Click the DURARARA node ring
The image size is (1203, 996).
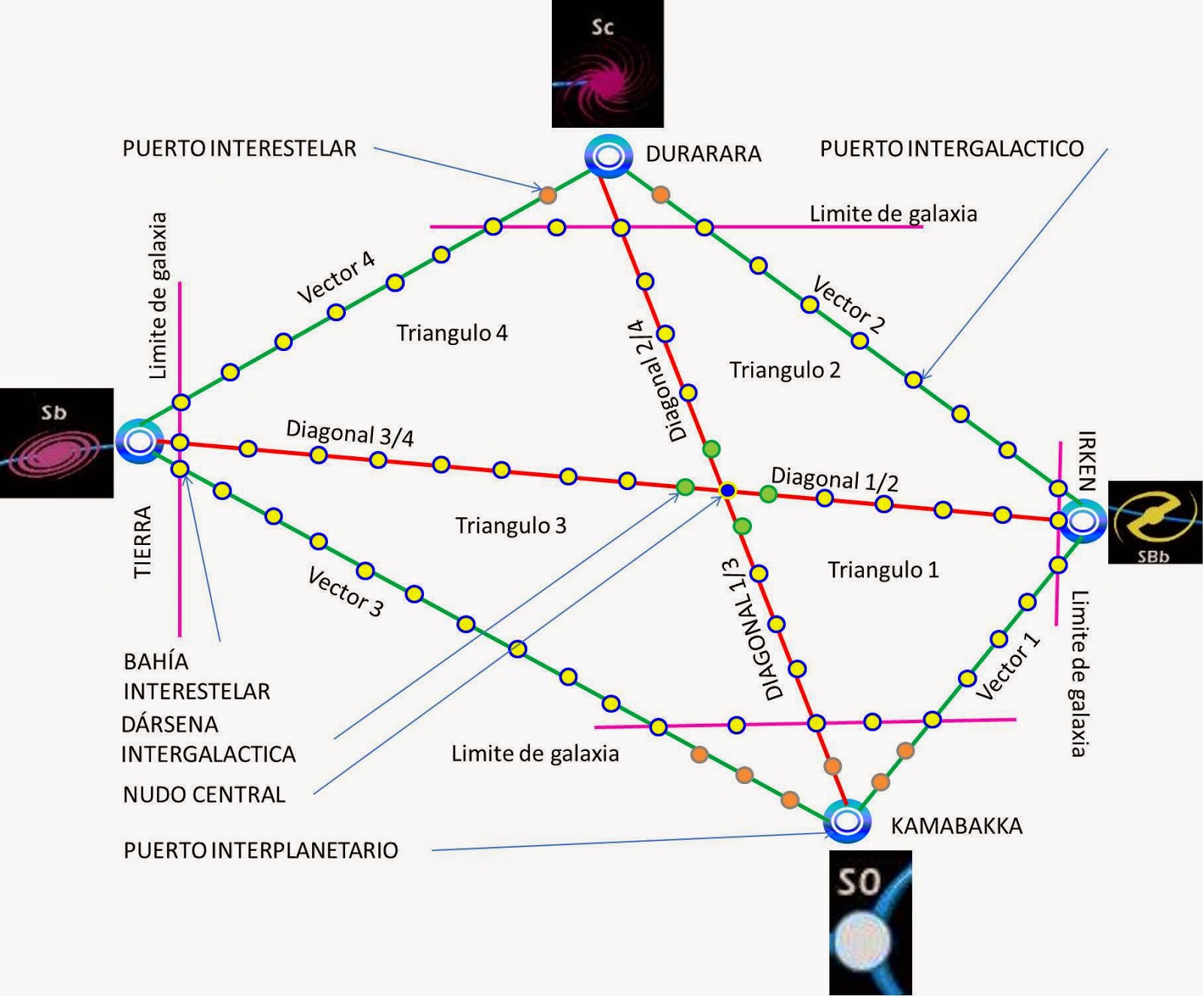pos(608,156)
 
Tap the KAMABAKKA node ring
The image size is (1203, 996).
pos(847,821)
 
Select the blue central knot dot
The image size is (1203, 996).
pos(727,491)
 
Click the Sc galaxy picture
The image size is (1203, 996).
pos(608,63)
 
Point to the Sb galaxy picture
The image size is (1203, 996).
pos(56,443)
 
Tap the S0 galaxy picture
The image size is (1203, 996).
pos(870,922)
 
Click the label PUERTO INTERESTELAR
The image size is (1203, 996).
pos(239,149)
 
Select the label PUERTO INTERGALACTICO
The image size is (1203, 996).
pos(951,149)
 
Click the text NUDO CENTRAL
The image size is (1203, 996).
pos(204,795)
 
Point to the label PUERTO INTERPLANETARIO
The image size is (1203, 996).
pos(261,850)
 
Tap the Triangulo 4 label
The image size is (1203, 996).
pos(452,332)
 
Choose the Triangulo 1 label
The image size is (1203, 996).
pos(883,570)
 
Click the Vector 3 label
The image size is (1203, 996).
pos(346,592)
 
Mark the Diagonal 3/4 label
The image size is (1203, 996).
pos(350,433)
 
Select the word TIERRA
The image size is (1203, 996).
pos(143,541)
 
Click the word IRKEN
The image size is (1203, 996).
pos(1086,460)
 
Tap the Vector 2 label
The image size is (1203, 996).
pos(849,304)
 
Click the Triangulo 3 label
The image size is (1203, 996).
pos(511,525)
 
